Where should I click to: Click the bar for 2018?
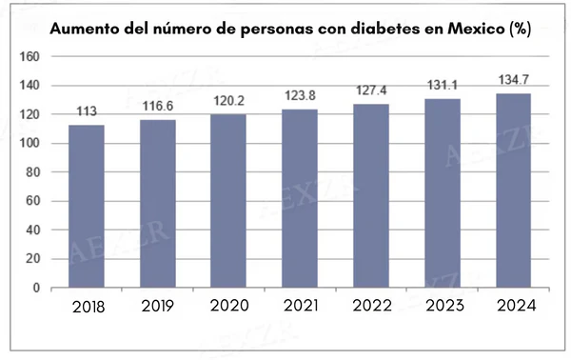[86, 206]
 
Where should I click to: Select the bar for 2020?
[227, 200]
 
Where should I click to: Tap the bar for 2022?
[371, 195]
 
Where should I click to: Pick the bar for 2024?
[513, 190]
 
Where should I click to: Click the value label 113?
[86, 112]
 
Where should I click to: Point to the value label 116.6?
[157, 107]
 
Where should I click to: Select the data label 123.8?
[299, 96]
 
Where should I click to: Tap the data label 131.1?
[442, 86]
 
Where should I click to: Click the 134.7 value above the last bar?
[513, 81]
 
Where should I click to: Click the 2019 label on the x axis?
[157, 307]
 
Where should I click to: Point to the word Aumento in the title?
[83, 28]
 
